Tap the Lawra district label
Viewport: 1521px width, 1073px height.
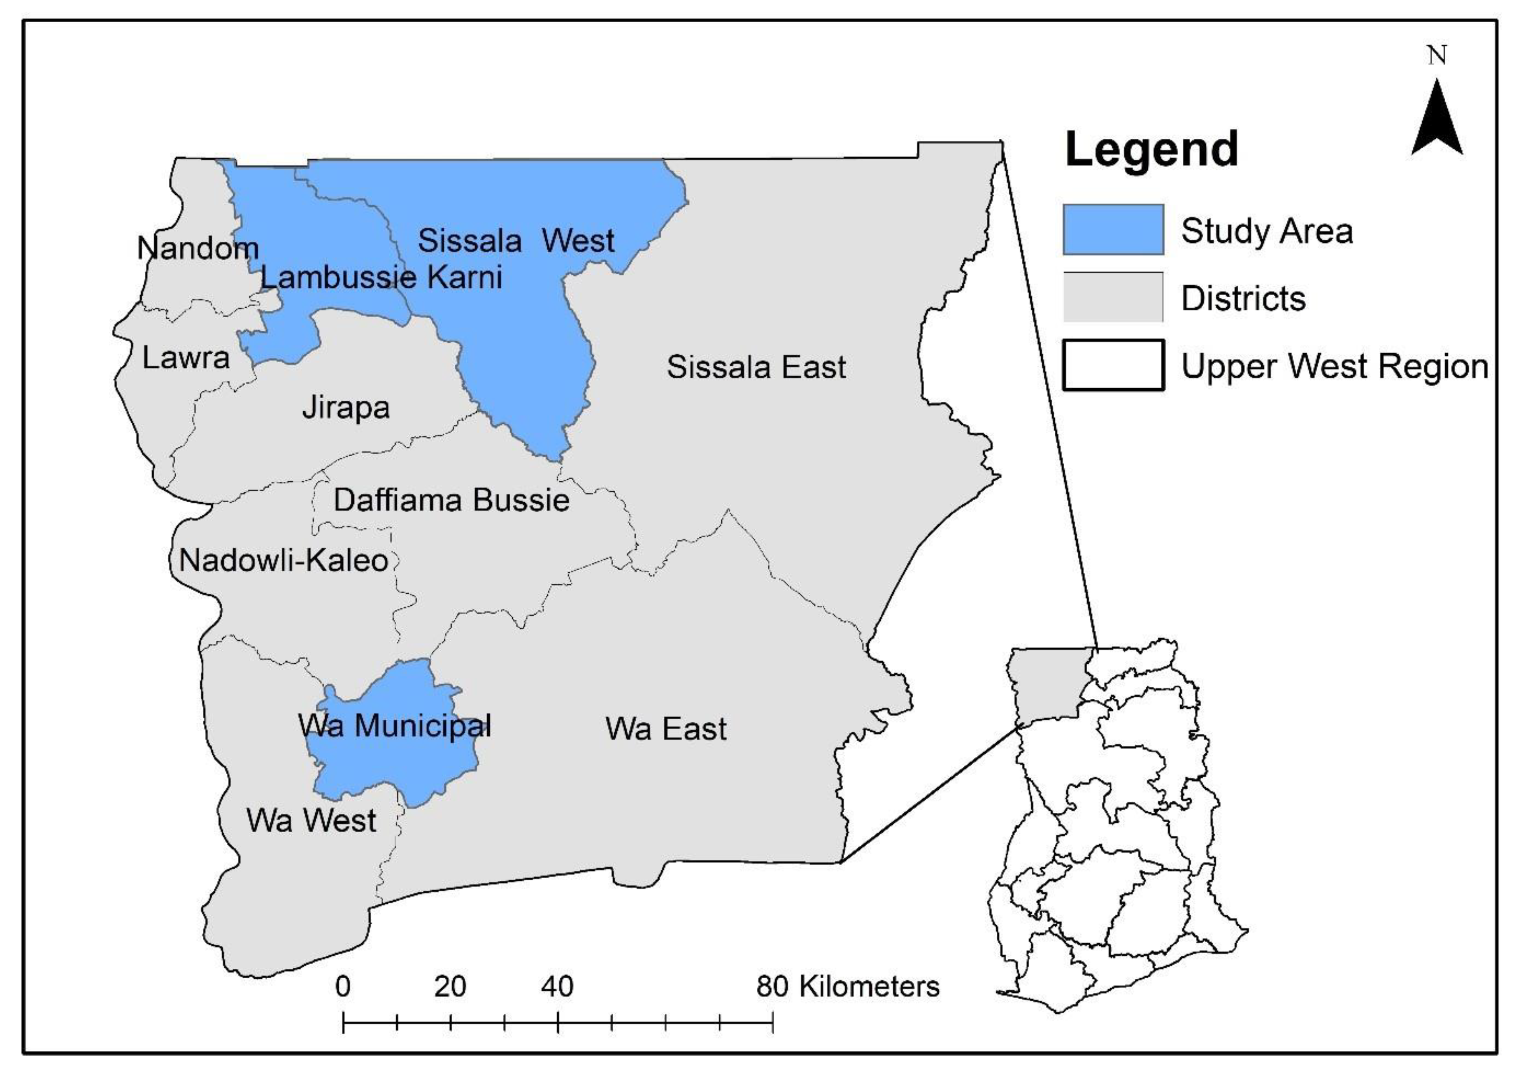point(186,359)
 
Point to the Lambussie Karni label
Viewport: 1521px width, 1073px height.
point(381,277)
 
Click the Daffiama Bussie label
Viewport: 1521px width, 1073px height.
point(451,500)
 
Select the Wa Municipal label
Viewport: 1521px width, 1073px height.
point(395,726)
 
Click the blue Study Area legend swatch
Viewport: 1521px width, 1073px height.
point(1113,229)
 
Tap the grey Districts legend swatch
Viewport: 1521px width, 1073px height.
point(1113,297)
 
